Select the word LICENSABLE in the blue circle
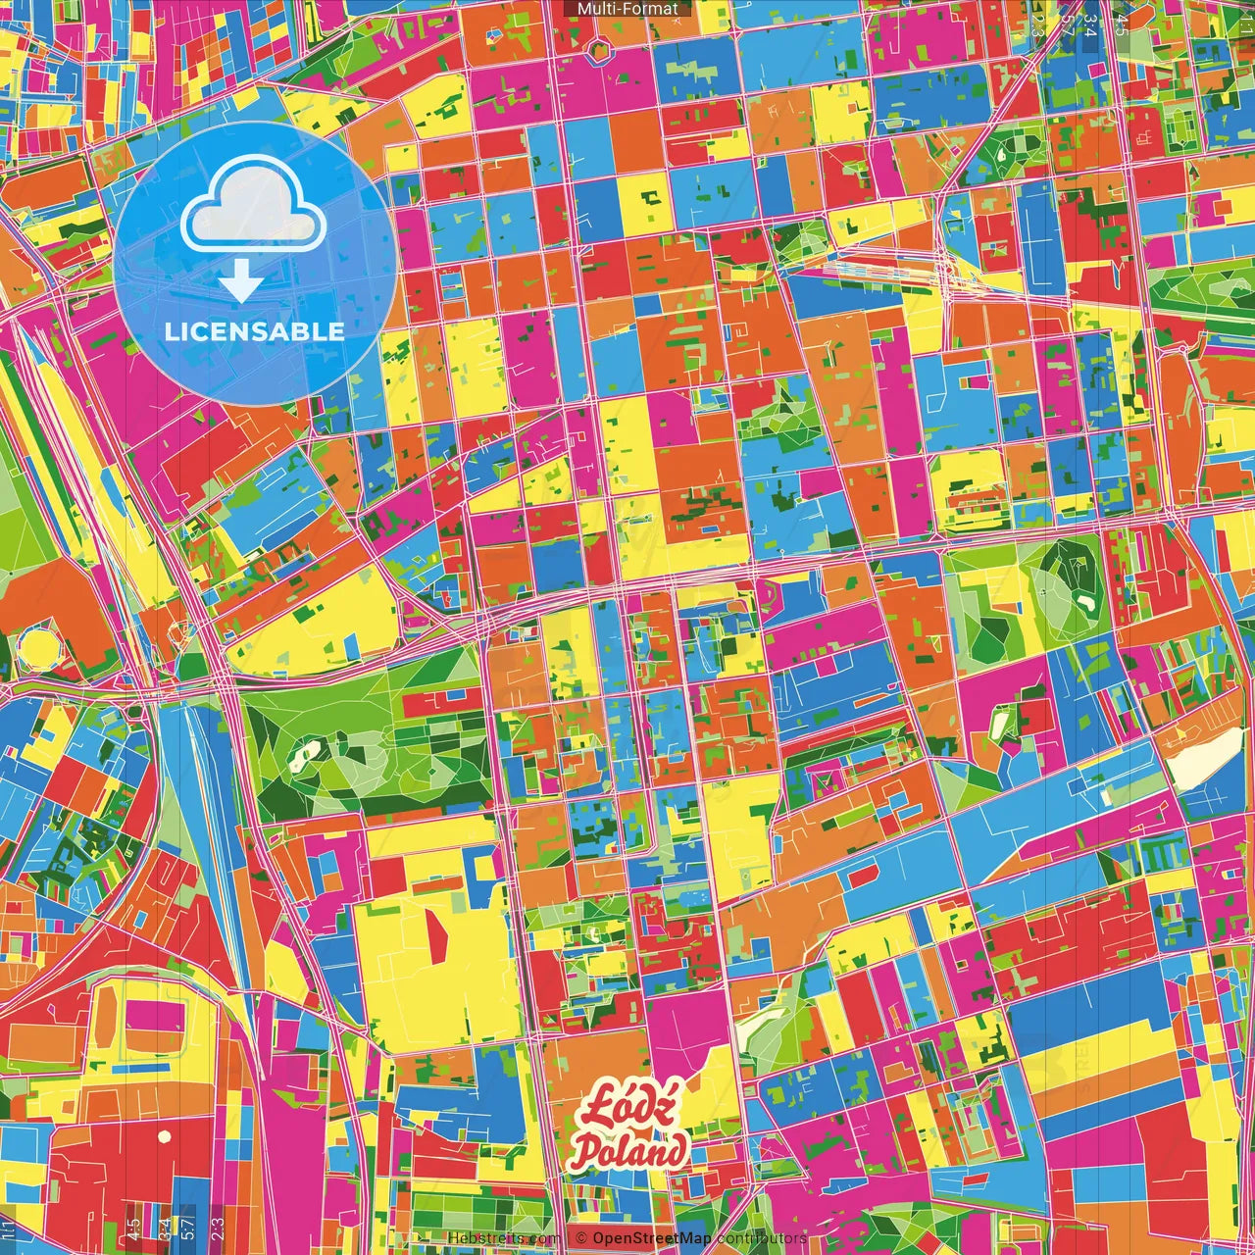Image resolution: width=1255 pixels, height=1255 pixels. pyautogui.click(x=254, y=331)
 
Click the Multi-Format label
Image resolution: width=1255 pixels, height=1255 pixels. pyautogui.click(x=627, y=9)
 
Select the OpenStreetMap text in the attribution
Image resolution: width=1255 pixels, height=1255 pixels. pyautogui.click(x=651, y=1238)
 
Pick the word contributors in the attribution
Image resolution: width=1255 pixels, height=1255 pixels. pyautogui.click(x=761, y=1238)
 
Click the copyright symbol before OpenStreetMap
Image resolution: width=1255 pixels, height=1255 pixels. pyautogui.click(x=580, y=1238)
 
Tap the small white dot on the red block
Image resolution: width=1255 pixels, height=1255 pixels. pyautogui.click(x=165, y=1136)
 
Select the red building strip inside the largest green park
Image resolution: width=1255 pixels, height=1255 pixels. pyautogui.click(x=436, y=702)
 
